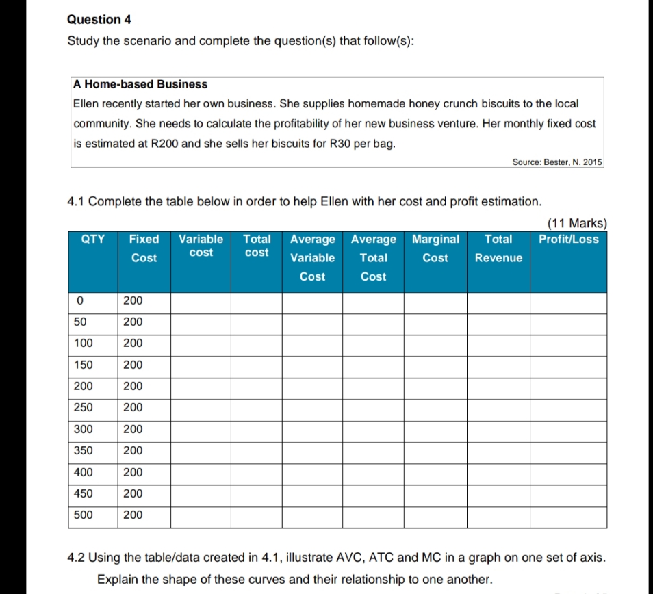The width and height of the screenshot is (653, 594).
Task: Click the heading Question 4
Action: click(99, 20)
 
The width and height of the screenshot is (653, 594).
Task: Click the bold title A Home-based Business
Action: click(140, 84)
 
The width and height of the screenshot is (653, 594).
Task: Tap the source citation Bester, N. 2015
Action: click(556, 162)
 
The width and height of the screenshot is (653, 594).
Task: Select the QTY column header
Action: click(93, 240)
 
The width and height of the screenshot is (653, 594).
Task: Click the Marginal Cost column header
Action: click(435, 248)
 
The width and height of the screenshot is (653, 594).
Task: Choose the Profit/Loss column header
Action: click(568, 240)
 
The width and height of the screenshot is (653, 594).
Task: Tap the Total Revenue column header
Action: click(498, 248)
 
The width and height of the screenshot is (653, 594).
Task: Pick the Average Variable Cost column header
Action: click(312, 258)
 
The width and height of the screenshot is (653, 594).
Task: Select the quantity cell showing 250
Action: click(84, 408)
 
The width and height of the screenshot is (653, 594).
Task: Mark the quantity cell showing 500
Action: click(84, 515)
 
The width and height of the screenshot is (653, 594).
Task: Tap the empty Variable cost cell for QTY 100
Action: click(200, 344)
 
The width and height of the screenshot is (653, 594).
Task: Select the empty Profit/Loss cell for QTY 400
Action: click(568, 472)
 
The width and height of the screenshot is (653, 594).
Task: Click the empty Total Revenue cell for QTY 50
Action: click(498, 322)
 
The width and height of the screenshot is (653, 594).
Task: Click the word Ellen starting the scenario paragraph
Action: click(86, 104)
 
